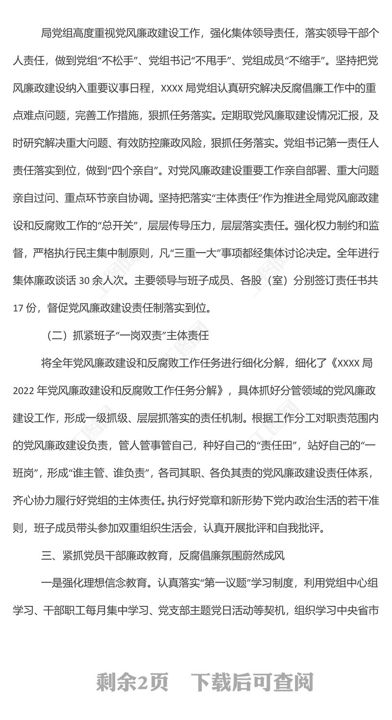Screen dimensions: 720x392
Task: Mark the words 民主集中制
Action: pyautogui.click(x=124, y=253)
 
